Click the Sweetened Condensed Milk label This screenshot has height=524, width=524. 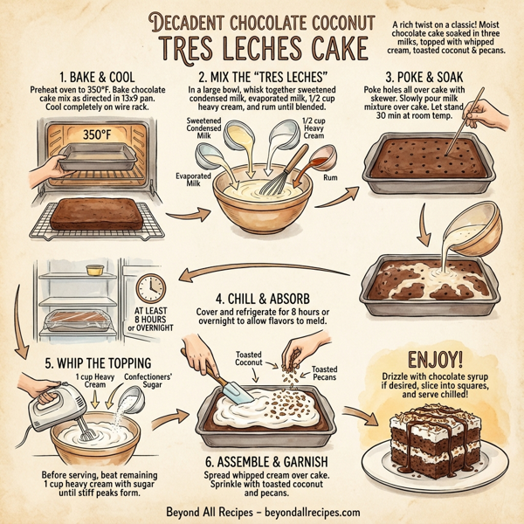203,127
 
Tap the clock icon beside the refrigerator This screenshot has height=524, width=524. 151,289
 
